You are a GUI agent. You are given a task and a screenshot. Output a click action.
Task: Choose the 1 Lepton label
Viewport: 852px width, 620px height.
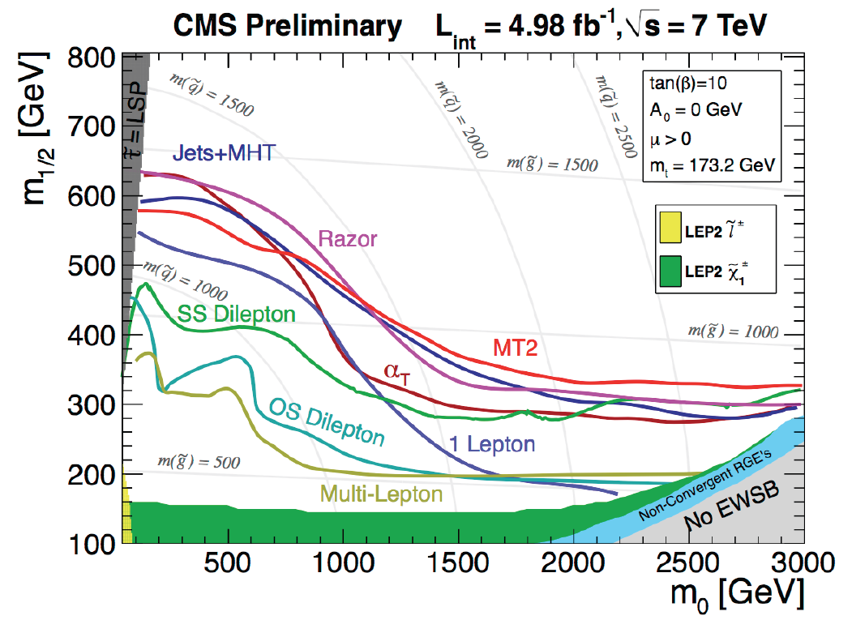[x=493, y=444]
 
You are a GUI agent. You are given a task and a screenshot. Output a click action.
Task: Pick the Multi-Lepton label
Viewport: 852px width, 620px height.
[x=382, y=493]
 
